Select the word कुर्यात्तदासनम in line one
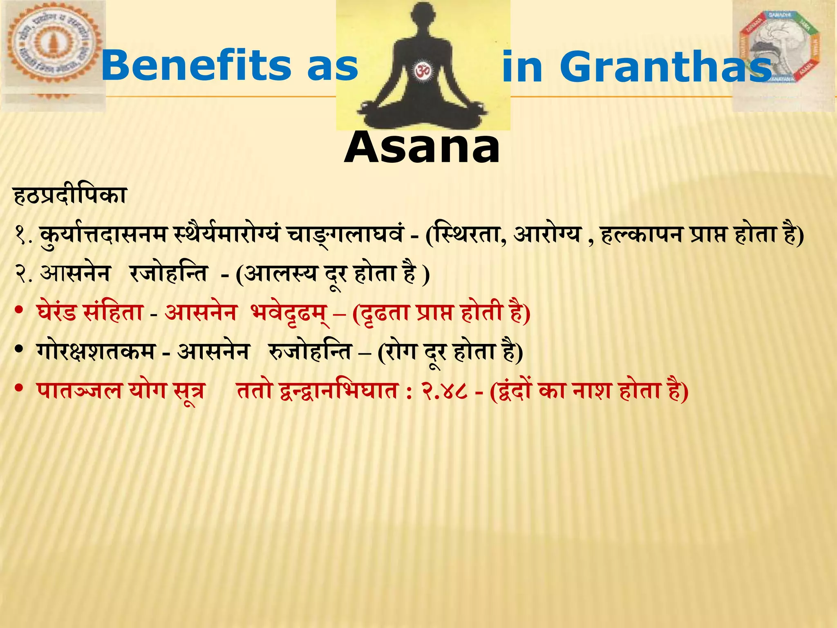pyautogui.click(x=104, y=235)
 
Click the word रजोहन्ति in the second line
pyautogui.click(x=169, y=274)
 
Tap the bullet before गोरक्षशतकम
pyautogui.click(x=18, y=350)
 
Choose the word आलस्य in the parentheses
pyautogui.click(x=282, y=274)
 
